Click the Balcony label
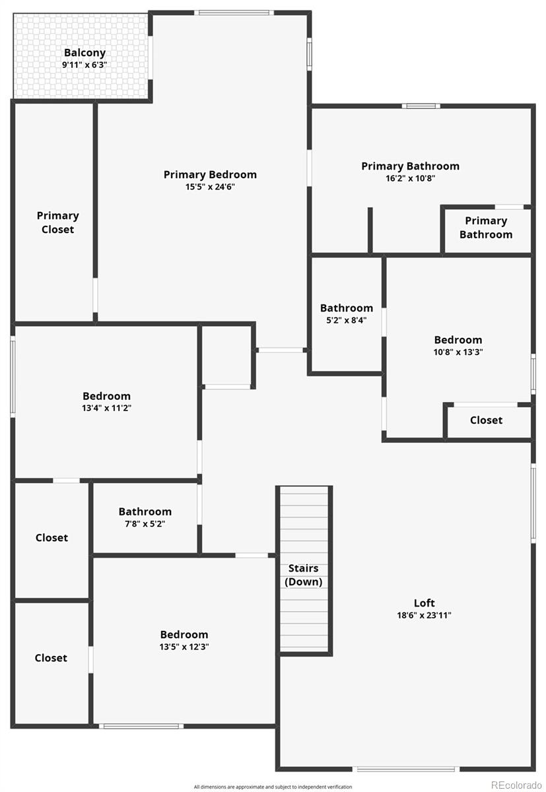tap(85, 53)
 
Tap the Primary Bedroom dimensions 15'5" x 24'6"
tap(210, 187)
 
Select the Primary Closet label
tap(57, 222)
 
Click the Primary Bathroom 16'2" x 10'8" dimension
tap(409, 178)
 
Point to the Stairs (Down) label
tap(303, 575)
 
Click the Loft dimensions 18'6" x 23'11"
tap(424, 615)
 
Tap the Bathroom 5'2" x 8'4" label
tap(346, 308)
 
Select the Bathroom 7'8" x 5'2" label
tap(145, 511)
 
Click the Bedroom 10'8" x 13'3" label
tap(458, 341)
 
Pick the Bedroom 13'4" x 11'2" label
tap(106, 396)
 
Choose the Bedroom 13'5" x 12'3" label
tap(184, 635)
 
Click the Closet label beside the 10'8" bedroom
tap(486, 420)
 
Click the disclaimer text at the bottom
tap(273, 787)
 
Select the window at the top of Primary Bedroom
tap(234, 13)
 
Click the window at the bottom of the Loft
tap(405, 769)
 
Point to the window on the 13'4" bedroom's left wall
tap(13, 377)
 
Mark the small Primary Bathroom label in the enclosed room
tap(486, 228)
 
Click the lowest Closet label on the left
tap(51, 658)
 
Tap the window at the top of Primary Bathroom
tap(421, 106)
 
